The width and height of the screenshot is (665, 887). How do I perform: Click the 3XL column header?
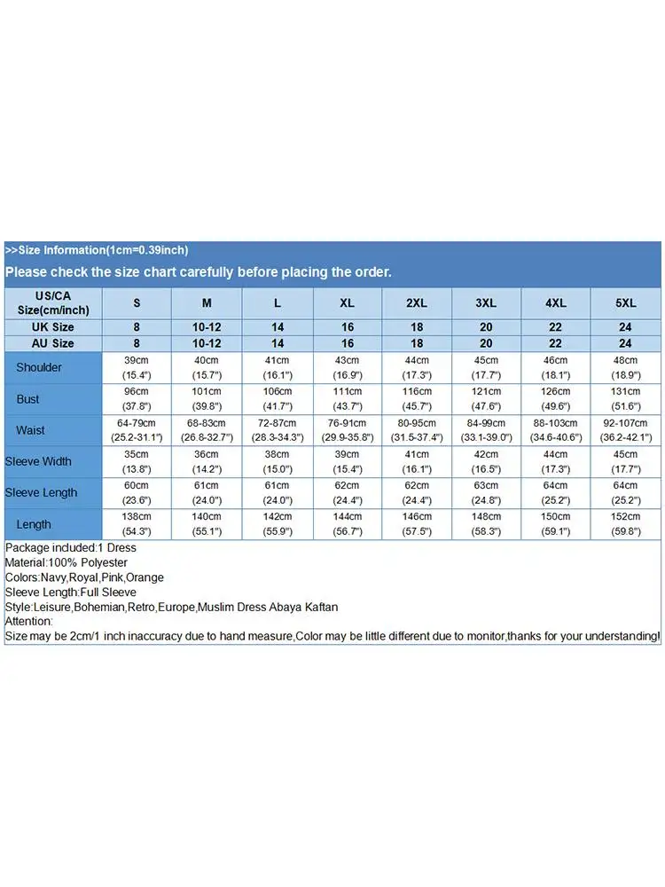[x=486, y=302]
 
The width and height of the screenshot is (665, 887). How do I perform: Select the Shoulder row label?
[x=39, y=367]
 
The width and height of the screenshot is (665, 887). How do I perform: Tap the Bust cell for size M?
[x=207, y=398]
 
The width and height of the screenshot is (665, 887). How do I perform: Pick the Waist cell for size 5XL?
[x=625, y=430]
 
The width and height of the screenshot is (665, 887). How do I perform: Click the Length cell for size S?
[x=137, y=524]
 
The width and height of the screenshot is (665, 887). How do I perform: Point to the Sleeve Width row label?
[x=38, y=461]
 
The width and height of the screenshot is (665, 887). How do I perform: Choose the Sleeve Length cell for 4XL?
[x=555, y=492]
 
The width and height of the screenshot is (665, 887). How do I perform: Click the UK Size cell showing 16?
[x=347, y=327]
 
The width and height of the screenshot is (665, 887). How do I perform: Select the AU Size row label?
[x=52, y=343]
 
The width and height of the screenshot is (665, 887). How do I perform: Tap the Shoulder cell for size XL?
[x=347, y=367]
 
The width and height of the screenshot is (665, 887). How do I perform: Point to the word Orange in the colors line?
[x=145, y=577]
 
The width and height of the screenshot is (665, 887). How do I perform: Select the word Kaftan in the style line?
[x=321, y=607]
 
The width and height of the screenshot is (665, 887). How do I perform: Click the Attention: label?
[x=29, y=621]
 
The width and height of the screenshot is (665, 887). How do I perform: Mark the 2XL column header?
[x=417, y=302]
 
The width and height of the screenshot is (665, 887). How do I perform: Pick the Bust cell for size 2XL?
[x=417, y=398]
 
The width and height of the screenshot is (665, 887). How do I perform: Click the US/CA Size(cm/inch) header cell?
[x=52, y=302]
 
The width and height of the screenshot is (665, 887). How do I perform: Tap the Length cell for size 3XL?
[x=486, y=524]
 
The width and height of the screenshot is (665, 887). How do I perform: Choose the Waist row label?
[x=30, y=430]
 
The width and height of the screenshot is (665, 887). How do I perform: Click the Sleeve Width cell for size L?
[x=277, y=461]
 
